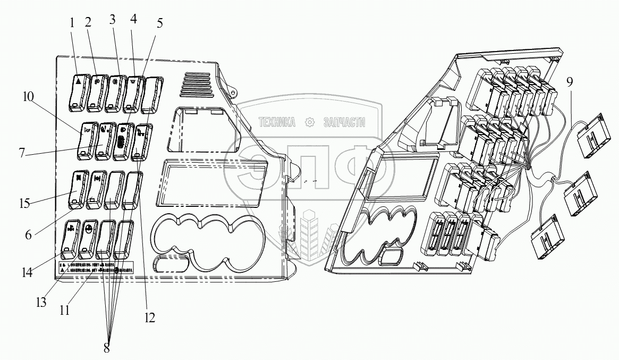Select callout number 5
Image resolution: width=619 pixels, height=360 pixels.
[160, 24]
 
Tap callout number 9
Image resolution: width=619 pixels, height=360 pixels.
[569, 82]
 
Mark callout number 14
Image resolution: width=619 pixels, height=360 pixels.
[27, 273]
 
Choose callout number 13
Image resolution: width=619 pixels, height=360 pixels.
[41, 303]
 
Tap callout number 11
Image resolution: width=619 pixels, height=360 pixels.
[65, 311]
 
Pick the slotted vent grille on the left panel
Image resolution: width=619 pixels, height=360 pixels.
[198, 85]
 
